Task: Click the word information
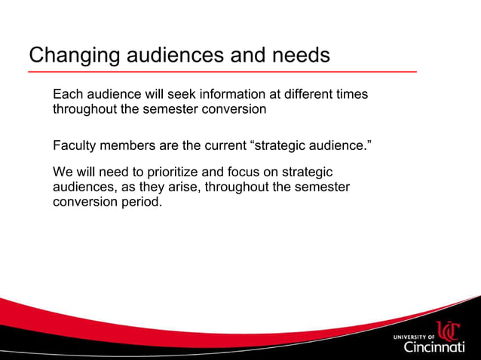(226, 95)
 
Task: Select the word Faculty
(75, 145)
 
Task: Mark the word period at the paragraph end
(142, 202)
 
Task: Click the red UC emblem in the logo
(449, 332)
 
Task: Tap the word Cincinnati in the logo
(434, 347)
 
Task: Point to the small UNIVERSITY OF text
(414, 337)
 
